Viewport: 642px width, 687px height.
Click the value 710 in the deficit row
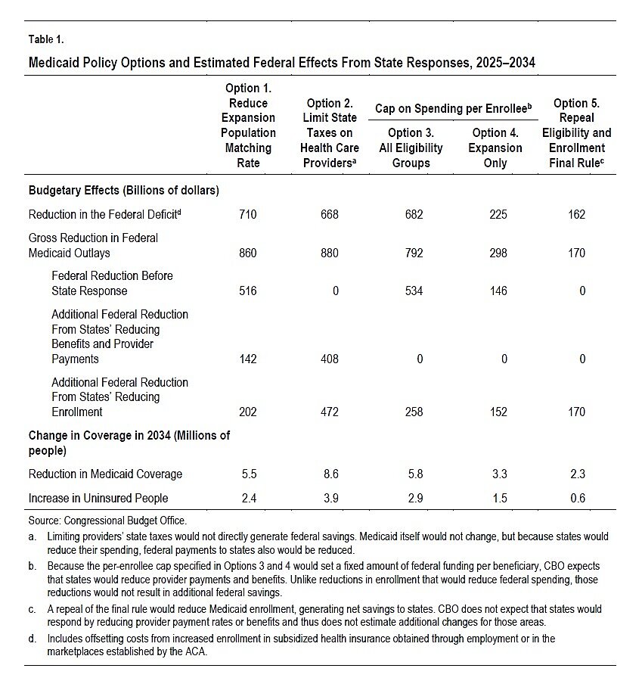tap(247, 215)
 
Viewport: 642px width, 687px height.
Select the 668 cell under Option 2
tap(329, 215)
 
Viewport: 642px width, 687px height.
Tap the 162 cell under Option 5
tap(576, 215)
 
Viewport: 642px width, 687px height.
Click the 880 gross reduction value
tap(329, 253)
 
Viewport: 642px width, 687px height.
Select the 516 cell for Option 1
tap(247, 291)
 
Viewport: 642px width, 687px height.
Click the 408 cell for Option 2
tap(329, 359)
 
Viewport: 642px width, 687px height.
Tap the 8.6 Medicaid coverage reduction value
tap(329, 474)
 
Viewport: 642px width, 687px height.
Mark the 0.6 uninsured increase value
tap(576, 498)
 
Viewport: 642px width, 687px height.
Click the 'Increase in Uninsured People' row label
tap(98, 498)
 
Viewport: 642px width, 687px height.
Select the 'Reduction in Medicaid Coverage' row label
tap(105, 474)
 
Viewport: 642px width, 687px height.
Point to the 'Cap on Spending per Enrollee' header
tap(452, 109)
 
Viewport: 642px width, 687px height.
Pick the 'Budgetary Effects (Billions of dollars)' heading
tap(124, 191)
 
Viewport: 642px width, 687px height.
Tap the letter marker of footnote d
tap(33, 639)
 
